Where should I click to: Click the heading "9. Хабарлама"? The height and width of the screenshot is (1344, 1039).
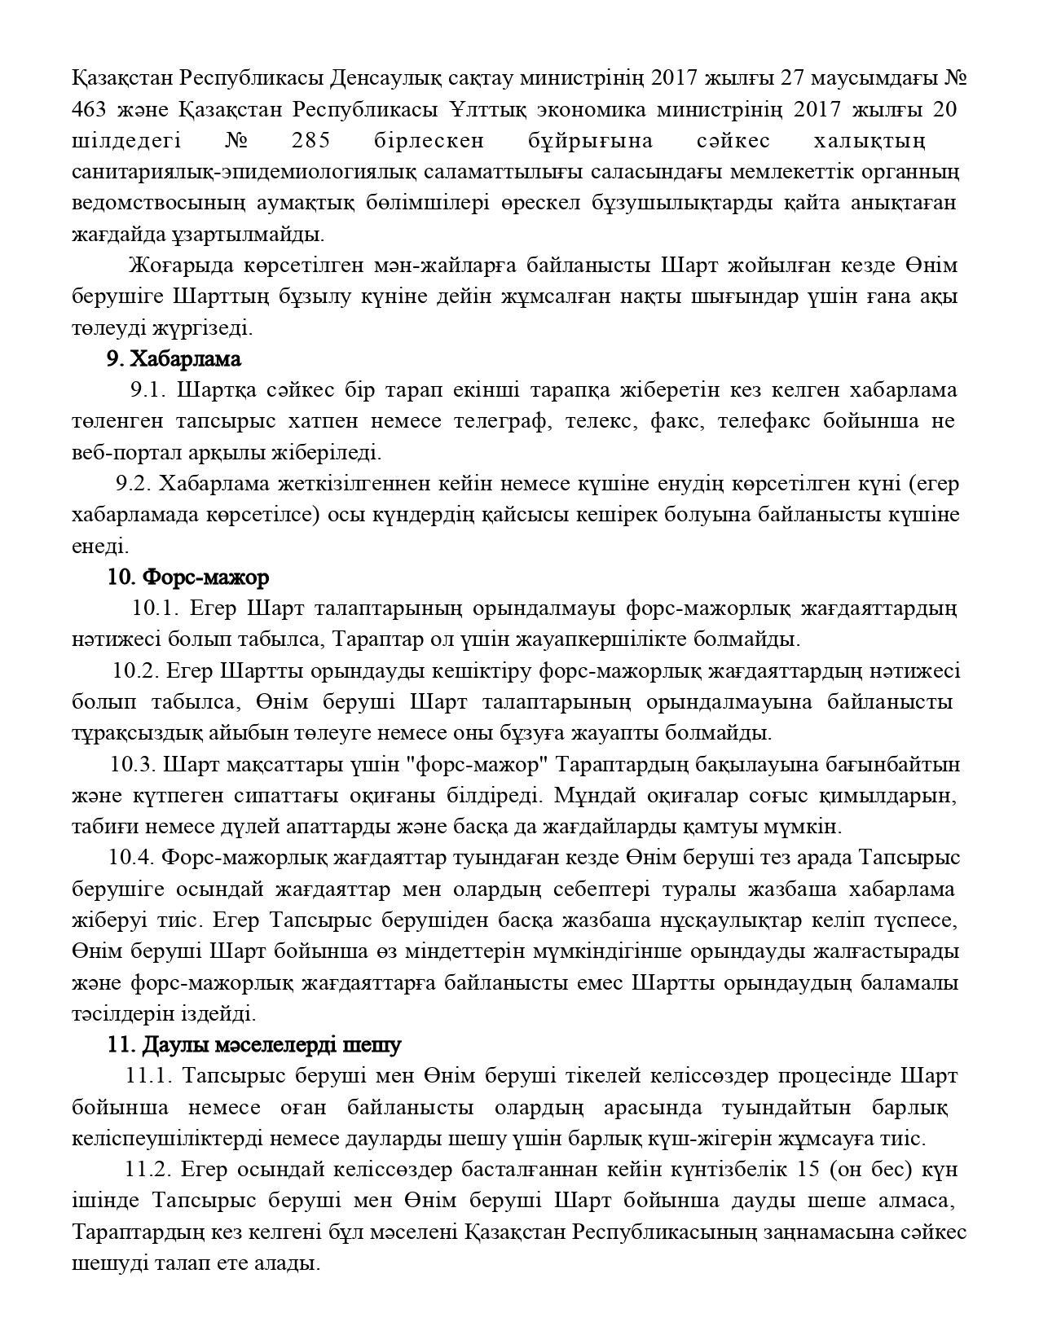click(x=174, y=359)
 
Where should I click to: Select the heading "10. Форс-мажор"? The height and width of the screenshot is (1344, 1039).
click(x=188, y=578)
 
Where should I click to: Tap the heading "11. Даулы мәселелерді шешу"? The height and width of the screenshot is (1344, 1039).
click(x=254, y=1044)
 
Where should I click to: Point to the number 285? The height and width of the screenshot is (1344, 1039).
click(x=310, y=141)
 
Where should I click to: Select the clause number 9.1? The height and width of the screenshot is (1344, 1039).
click(x=148, y=390)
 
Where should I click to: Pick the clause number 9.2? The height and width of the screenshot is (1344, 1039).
click(x=134, y=484)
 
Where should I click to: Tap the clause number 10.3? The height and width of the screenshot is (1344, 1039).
click(x=134, y=764)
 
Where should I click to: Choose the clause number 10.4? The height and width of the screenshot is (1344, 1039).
click(x=131, y=858)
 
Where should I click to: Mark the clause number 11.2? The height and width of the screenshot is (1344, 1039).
click(x=148, y=1170)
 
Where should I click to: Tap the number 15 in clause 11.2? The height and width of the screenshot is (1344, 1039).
click(x=803, y=1170)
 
